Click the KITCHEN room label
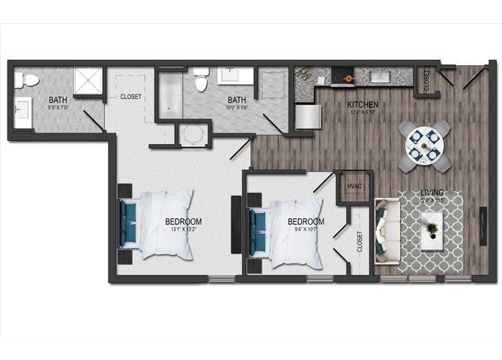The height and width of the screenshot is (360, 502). pyautogui.click(x=362, y=104)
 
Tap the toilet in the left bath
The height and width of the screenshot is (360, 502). pyautogui.click(x=27, y=80)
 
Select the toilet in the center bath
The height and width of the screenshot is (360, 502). pyautogui.click(x=201, y=79)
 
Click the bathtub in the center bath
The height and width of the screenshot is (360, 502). pyautogui.click(x=169, y=93)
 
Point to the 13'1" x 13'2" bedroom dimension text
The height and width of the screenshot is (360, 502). pyautogui.click(x=183, y=230)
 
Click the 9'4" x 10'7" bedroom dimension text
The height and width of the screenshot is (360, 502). pyautogui.click(x=306, y=230)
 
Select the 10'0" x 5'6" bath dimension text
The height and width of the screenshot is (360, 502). pyautogui.click(x=237, y=109)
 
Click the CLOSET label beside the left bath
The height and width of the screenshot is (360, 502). pyautogui.click(x=131, y=97)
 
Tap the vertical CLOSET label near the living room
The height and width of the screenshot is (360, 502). pyautogui.click(x=359, y=241)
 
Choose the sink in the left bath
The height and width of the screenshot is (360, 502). pyautogui.click(x=20, y=111)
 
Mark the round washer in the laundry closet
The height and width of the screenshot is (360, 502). pyautogui.click(x=193, y=136)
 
